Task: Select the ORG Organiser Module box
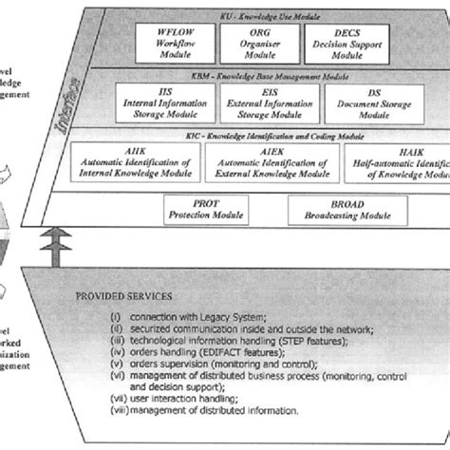[x=254, y=44]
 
